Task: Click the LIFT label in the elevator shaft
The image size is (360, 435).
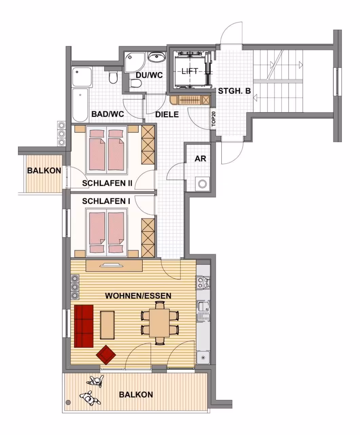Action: (x=190, y=71)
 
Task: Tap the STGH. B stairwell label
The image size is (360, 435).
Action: (x=234, y=91)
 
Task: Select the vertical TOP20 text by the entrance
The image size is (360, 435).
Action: (x=214, y=119)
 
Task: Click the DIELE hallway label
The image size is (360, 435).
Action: (x=167, y=115)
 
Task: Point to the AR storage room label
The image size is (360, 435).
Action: (x=200, y=159)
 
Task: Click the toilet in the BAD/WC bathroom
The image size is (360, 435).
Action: (x=113, y=77)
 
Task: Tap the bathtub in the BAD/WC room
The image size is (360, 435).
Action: (x=80, y=105)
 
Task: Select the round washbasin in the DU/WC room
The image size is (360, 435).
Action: (x=157, y=57)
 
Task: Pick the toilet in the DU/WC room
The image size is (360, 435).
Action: (x=137, y=84)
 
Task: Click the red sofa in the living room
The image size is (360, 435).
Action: (x=84, y=326)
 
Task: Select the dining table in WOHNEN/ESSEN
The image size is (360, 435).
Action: (x=159, y=323)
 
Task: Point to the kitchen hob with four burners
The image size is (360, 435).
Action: (x=203, y=282)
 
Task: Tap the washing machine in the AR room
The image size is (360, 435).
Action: (x=202, y=184)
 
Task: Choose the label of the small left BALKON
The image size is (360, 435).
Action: (x=44, y=171)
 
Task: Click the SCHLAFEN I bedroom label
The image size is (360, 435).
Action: (x=106, y=201)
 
